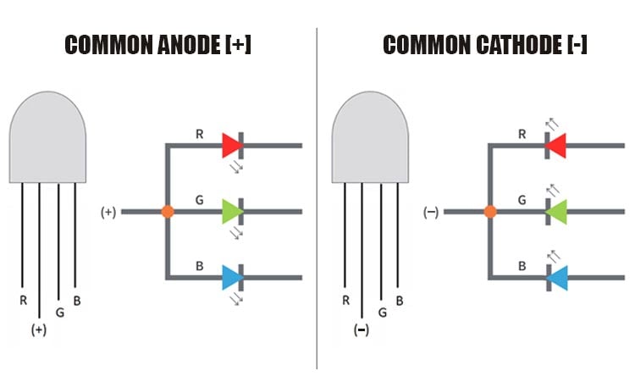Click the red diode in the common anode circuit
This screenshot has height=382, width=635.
click(x=231, y=145)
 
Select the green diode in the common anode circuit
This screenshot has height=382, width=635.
click(x=231, y=211)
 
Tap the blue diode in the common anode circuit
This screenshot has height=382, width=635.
click(x=231, y=277)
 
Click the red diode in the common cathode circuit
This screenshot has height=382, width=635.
click(x=556, y=145)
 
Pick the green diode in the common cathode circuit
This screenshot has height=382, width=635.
click(x=556, y=211)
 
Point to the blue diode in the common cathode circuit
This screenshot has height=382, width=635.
click(x=556, y=277)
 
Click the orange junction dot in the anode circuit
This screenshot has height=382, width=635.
click(x=168, y=211)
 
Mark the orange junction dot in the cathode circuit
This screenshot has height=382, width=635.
click(x=490, y=211)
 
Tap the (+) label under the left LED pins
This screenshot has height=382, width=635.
click(x=39, y=330)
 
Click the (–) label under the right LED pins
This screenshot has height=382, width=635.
click(x=362, y=330)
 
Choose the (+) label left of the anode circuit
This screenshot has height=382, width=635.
click(x=108, y=212)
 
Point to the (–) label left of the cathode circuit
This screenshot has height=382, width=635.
click(x=431, y=212)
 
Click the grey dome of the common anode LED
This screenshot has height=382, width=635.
click(x=47, y=140)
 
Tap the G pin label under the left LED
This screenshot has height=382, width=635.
click(x=58, y=312)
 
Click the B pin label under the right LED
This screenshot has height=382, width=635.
click(x=399, y=300)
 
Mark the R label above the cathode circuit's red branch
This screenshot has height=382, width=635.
click(x=522, y=133)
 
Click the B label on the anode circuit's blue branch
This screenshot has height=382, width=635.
click(x=200, y=265)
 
